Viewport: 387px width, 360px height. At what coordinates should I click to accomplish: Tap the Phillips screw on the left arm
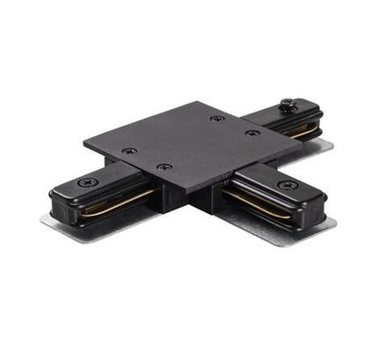pos(87,182)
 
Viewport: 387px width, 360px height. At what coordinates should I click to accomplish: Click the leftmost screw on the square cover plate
pos(131,151)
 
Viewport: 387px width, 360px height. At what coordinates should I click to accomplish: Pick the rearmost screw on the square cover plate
pos(216,118)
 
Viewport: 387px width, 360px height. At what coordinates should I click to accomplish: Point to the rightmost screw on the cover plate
pos(253,133)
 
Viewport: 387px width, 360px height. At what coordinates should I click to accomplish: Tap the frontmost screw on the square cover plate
pos(162,166)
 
